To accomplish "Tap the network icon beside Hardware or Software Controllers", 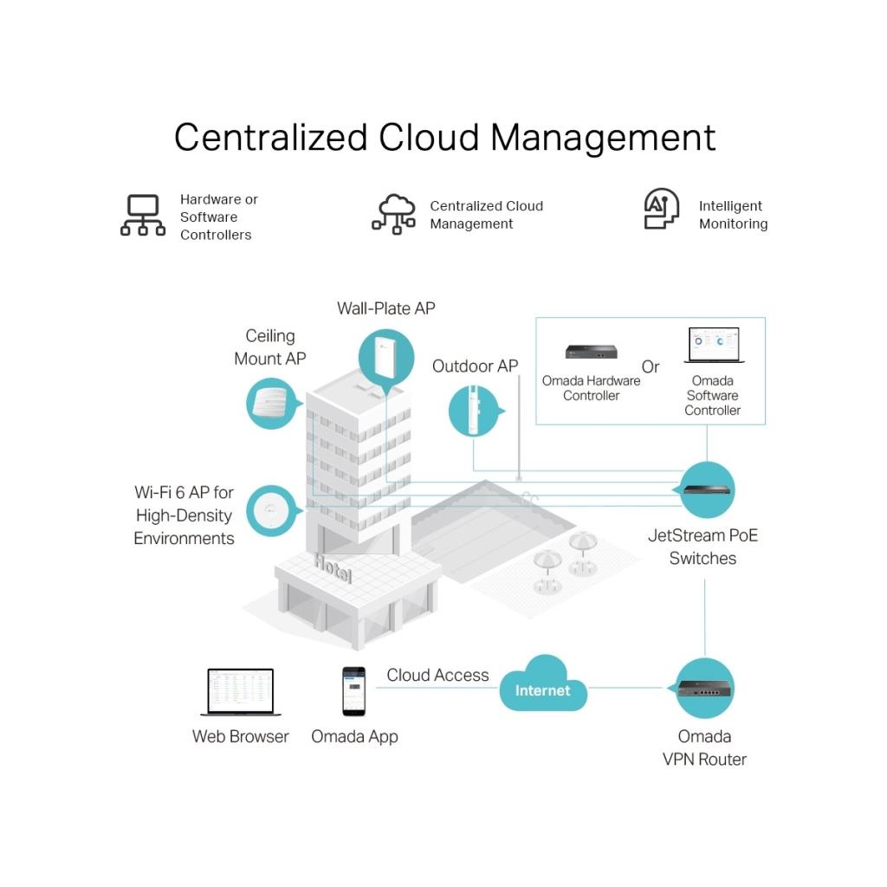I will [143, 216].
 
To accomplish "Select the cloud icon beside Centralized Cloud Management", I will [393, 214].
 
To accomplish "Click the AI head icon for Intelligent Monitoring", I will [661, 210].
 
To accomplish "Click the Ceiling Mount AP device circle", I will [271, 404].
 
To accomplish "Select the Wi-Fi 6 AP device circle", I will [271, 511].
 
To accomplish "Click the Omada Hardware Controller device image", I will [591, 352].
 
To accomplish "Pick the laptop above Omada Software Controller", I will [712, 346].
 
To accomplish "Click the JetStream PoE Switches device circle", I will [707, 489].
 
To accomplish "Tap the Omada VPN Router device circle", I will [703, 688].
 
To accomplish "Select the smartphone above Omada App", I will [353, 690].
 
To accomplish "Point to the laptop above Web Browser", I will [240, 691].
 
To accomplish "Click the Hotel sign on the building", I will [333, 569].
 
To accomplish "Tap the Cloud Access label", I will [437, 675].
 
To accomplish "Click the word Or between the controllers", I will [651, 366].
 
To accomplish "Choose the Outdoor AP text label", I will [475, 366].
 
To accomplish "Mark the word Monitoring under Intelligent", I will [733, 223].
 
